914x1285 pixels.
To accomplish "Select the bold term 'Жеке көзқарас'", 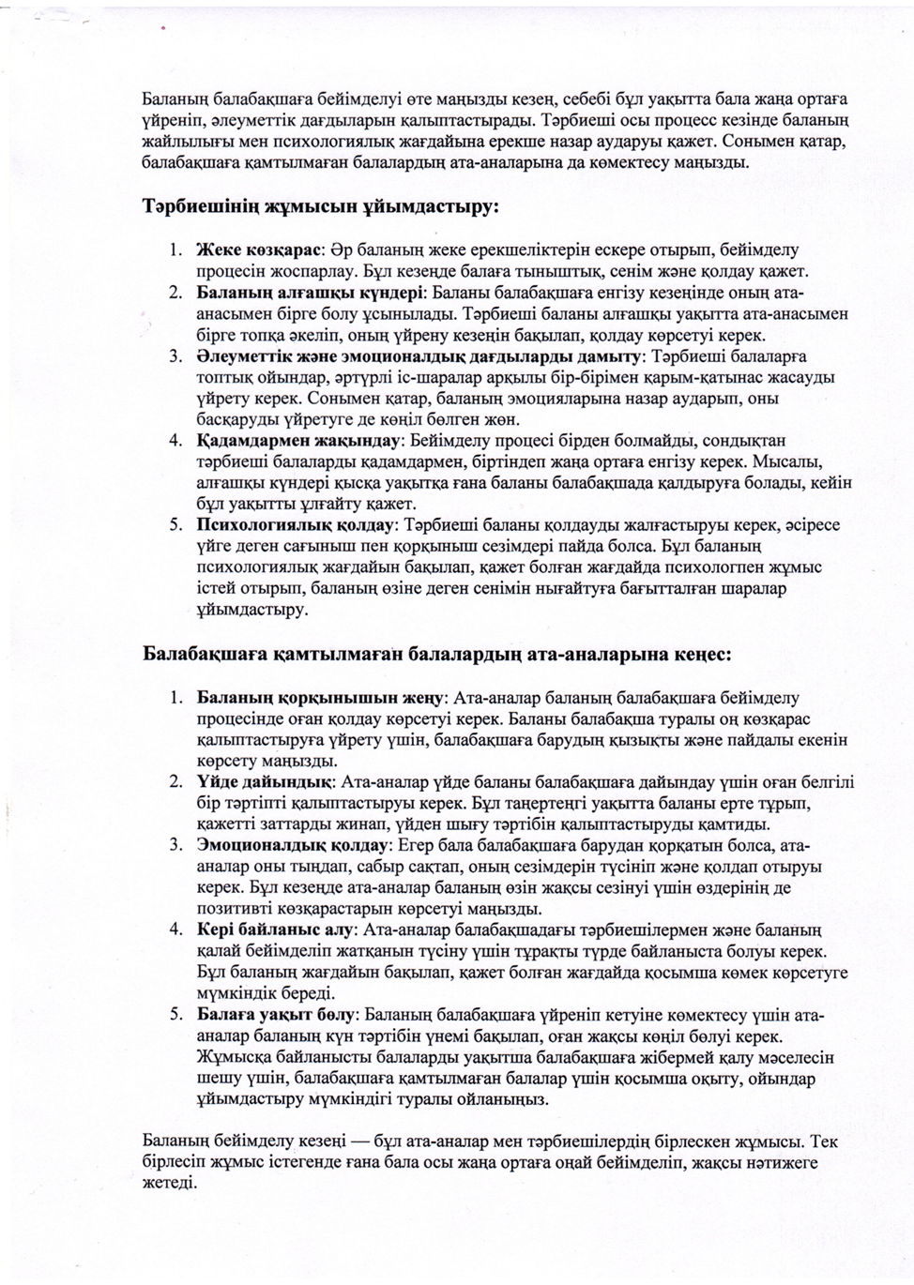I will [x=259, y=250].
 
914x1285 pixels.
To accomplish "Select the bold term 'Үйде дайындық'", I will [x=263, y=780].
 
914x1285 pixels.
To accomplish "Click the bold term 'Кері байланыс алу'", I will [x=276, y=930].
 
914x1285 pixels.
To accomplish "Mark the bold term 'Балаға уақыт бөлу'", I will [x=275, y=1015].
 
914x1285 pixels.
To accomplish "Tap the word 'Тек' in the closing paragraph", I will [x=822, y=1141].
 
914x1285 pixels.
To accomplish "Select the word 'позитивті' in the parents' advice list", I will [x=229, y=908].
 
